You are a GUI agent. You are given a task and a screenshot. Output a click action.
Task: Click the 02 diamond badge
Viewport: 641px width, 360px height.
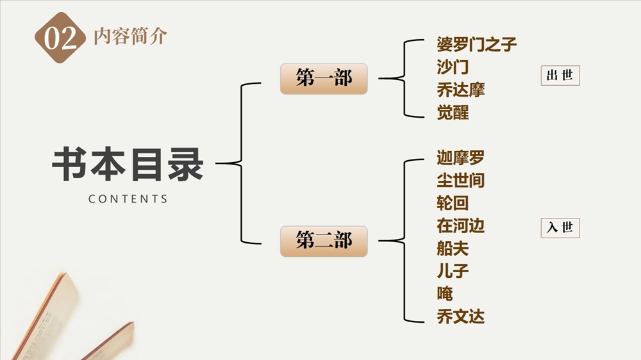click(x=60, y=38)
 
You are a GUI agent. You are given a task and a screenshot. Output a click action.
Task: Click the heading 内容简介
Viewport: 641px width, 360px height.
click(x=130, y=37)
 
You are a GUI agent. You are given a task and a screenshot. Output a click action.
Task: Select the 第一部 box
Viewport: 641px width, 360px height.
click(x=324, y=79)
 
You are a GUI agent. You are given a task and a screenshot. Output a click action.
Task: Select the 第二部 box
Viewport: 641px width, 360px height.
click(x=324, y=241)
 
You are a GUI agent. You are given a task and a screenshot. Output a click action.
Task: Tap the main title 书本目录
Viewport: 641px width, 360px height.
click(x=128, y=165)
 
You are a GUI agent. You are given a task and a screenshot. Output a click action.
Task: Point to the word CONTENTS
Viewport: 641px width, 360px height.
click(x=128, y=199)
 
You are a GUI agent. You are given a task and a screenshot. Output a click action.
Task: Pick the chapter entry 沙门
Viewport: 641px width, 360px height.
click(x=453, y=67)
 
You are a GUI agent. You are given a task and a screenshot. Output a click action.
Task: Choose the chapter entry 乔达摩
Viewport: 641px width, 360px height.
click(x=460, y=90)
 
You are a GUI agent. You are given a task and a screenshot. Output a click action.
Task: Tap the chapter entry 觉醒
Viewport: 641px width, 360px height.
click(x=453, y=113)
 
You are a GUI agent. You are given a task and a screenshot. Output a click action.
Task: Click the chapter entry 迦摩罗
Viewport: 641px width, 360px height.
click(x=460, y=158)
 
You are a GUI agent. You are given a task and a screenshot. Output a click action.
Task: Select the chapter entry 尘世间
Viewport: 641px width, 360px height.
click(x=460, y=181)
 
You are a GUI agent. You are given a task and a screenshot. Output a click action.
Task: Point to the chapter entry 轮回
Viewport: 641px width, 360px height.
click(x=453, y=203)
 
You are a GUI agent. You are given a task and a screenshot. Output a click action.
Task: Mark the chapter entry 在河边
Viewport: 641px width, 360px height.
click(x=460, y=225)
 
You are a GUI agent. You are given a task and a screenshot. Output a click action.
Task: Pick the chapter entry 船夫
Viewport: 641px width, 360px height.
click(x=453, y=248)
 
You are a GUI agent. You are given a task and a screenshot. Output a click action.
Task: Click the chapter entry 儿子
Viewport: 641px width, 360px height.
click(x=453, y=271)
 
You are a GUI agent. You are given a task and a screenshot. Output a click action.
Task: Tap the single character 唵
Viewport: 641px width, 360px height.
click(x=445, y=293)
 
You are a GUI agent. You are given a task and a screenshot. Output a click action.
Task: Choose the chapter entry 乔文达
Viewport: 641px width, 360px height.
click(x=460, y=316)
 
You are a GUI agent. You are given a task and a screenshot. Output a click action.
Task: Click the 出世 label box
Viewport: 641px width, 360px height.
click(x=560, y=76)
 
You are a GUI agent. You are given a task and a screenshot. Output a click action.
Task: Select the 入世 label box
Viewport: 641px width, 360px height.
click(x=560, y=227)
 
